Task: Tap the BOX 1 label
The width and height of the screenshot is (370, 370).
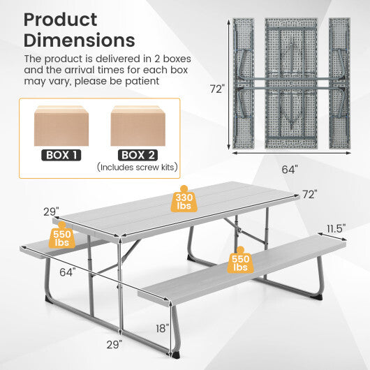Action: (62, 156)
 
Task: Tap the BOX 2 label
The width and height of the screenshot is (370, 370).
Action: (138, 156)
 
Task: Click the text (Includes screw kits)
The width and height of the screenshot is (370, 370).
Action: (138, 168)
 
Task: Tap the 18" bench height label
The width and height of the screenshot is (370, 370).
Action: (162, 327)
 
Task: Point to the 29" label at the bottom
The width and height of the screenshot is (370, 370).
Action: (115, 343)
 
